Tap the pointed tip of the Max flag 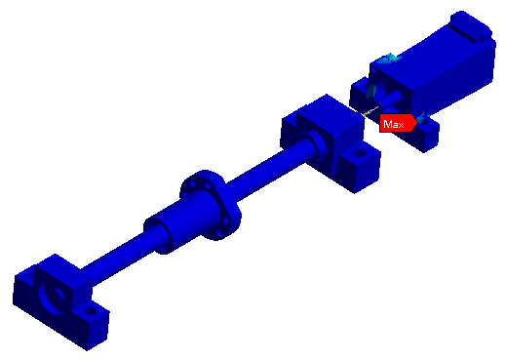point(417,123)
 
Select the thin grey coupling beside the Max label point(369,110)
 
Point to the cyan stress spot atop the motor point(389,59)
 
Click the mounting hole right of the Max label point(424,122)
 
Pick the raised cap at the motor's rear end point(471,26)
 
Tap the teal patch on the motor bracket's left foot point(370,91)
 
